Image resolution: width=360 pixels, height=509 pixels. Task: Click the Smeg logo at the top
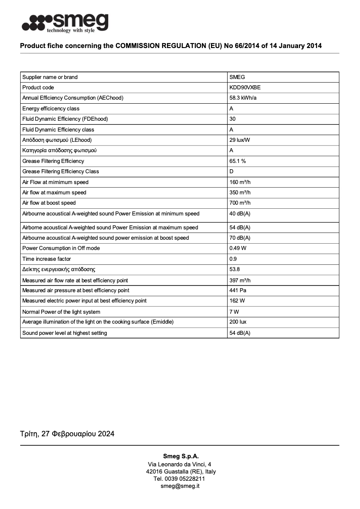pos(65,23)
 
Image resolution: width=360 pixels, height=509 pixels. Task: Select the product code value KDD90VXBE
pos(245,88)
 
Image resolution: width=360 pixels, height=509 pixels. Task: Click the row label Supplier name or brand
pos(50,77)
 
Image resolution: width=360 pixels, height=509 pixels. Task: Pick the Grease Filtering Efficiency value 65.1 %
pos(237,161)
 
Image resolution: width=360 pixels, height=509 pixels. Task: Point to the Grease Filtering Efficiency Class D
pos(232,171)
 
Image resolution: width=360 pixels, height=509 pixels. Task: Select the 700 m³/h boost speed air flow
pos(240,203)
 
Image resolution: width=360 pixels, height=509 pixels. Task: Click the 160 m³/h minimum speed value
pos(240,182)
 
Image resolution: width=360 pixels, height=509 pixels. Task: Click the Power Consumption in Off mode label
pos(61,248)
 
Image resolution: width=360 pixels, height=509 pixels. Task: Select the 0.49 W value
pos(237,248)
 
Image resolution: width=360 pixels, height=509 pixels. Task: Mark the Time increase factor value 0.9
pos(233,259)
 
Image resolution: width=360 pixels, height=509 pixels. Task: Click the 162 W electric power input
pos(237,301)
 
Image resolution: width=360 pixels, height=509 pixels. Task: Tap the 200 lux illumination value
pos(238,322)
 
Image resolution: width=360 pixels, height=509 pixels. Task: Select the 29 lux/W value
pos(240,140)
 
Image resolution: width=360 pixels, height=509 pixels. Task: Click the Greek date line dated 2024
pos(67,434)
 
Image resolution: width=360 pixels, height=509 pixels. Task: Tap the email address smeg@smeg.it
pos(180,486)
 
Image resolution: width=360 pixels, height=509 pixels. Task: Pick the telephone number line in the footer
pos(180,479)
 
